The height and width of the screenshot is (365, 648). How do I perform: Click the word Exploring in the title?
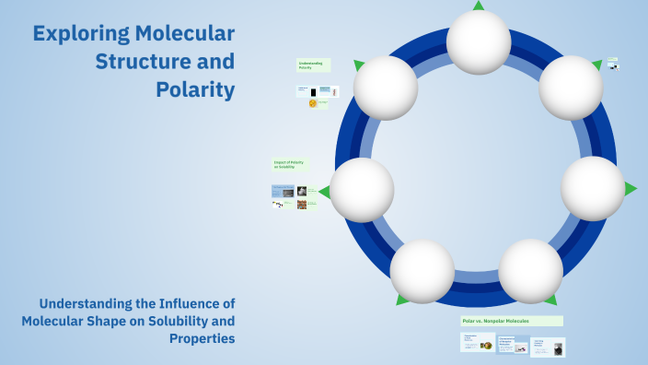75,35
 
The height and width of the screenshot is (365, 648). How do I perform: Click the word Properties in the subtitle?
202,338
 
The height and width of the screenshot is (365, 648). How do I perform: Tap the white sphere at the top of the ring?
479,42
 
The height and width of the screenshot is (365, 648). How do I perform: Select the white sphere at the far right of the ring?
593,188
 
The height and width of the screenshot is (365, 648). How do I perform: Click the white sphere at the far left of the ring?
362,190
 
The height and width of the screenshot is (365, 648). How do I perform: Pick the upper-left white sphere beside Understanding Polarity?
386,88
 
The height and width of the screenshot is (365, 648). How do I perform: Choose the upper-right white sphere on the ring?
571,88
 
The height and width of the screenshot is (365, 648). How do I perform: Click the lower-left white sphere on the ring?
422,271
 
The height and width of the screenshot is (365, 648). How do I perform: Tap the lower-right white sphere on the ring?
530,271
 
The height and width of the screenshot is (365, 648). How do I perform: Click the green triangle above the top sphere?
479,6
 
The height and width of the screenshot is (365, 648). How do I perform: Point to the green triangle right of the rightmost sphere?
631,188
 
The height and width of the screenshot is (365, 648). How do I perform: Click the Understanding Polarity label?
313,65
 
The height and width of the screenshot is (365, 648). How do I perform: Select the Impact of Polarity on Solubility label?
290,164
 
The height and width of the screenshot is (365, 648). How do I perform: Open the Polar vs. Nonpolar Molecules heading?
511,321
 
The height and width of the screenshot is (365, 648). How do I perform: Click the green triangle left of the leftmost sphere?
324,192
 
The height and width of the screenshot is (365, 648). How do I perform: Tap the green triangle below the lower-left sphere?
402,300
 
